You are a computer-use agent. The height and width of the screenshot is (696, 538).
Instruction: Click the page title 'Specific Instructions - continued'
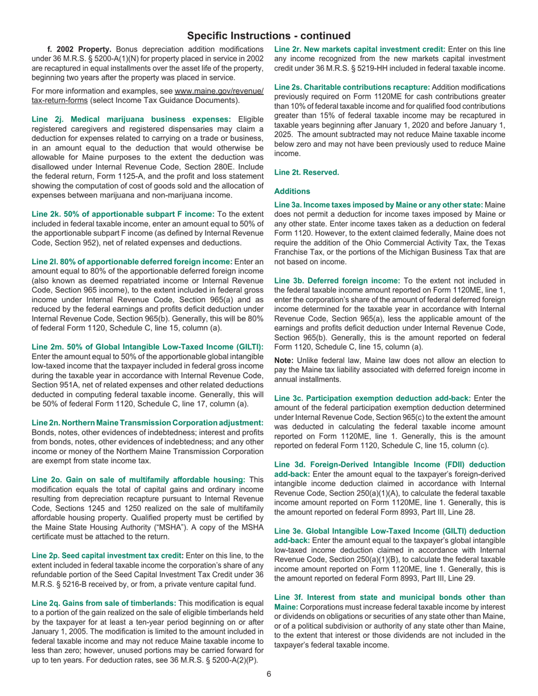coord(268,36)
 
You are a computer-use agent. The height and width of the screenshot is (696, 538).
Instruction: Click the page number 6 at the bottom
coord(269,674)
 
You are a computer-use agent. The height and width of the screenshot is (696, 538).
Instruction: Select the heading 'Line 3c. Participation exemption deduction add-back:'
coord(372,382)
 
